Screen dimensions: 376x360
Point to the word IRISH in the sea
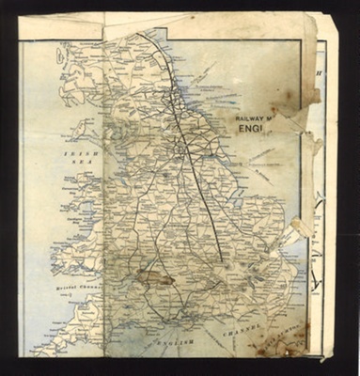[74, 152]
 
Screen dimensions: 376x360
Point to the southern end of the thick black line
[222, 258]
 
